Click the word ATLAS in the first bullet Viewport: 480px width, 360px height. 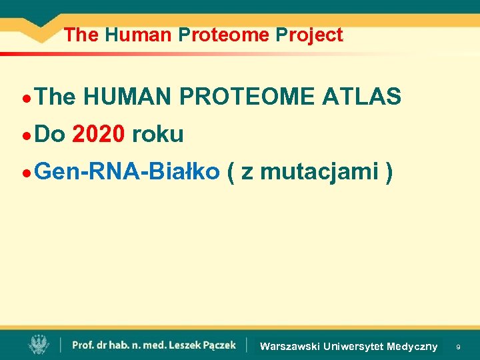click(x=361, y=97)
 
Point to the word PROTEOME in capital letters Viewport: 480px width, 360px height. click(x=248, y=97)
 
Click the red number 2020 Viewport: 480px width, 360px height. click(x=98, y=135)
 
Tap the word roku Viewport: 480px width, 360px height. click(x=157, y=135)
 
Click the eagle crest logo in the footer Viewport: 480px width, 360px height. click(x=39, y=345)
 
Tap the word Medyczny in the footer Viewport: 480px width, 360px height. click(x=412, y=346)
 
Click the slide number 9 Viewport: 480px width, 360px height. click(x=458, y=347)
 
